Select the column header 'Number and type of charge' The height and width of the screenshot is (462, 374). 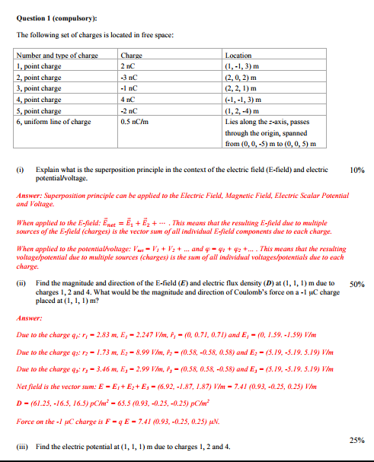click(58, 56)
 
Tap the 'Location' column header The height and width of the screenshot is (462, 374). click(238, 56)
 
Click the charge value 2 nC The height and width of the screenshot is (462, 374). click(128, 66)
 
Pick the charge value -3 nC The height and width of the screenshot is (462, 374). click(129, 77)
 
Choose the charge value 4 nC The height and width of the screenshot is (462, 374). click(128, 99)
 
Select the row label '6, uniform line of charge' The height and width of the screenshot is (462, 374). click(54, 121)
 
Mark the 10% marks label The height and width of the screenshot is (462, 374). click(356, 170)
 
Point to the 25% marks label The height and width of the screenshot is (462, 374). click(356, 439)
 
